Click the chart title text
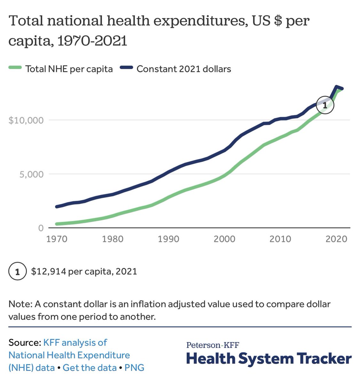(159, 31)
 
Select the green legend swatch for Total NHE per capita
(15, 68)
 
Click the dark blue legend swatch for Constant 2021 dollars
(126, 68)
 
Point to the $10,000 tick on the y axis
(26, 120)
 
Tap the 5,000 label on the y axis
(31, 174)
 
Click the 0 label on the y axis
(41, 228)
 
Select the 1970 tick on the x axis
(57, 239)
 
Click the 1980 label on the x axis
(113, 239)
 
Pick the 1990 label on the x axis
(168, 239)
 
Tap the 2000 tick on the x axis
(224, 239)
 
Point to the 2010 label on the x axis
(280, 239)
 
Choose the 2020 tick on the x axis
(336, 239)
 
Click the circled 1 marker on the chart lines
(325, 105)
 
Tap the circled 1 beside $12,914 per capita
(17, 272)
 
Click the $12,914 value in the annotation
(48, 272)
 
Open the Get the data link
(90, 367)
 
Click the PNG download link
(134, 367)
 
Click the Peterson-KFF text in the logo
(213, 345)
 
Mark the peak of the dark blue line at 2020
(336, 87)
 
